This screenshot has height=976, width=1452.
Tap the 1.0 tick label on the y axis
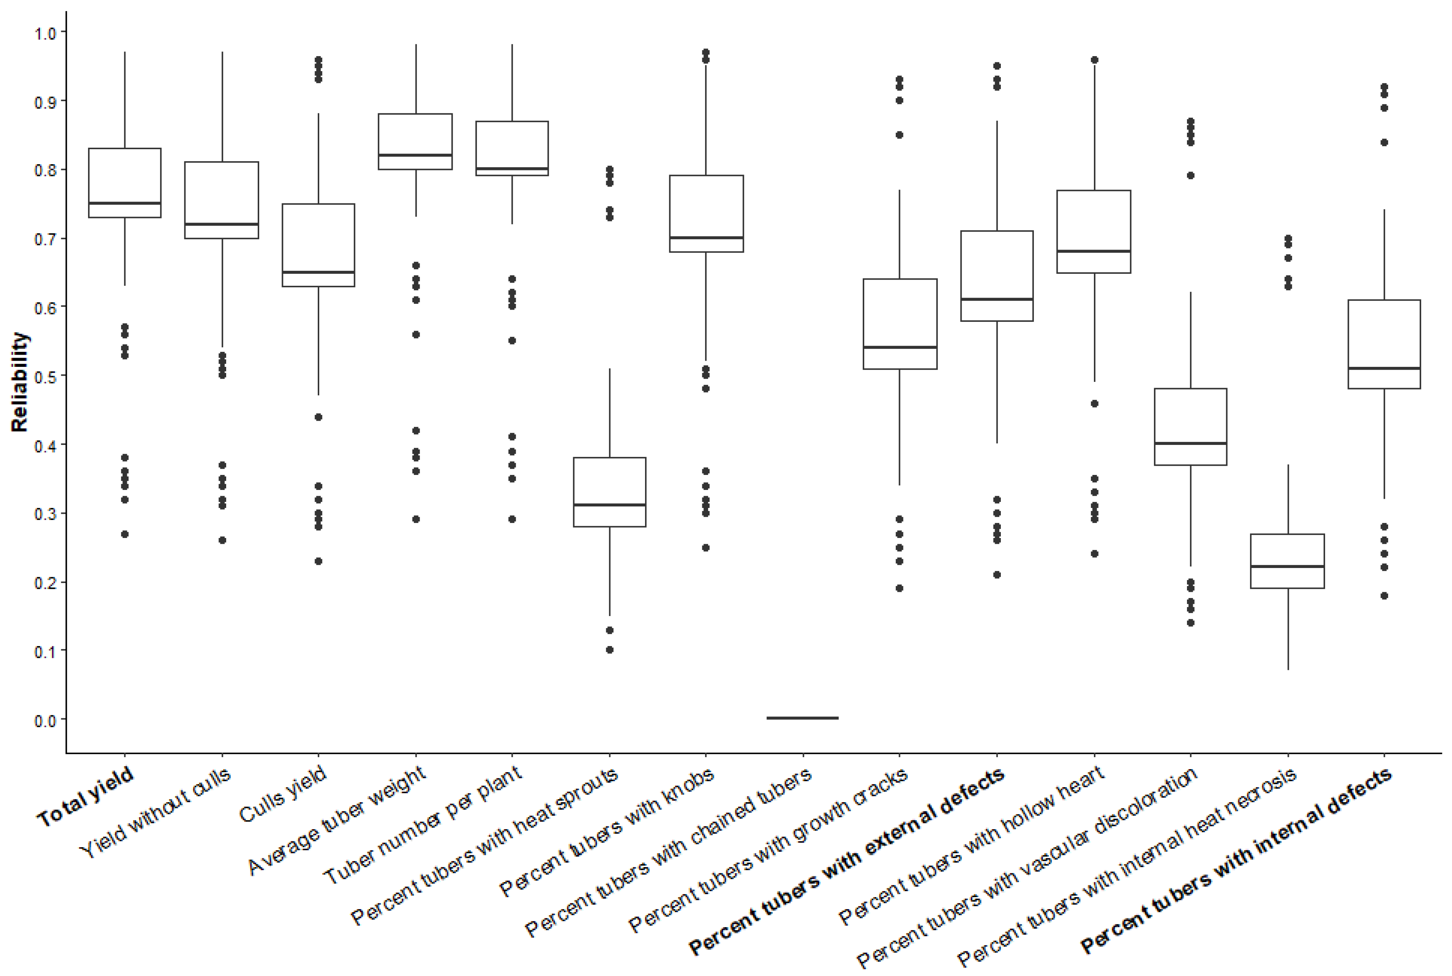tap(45, 32)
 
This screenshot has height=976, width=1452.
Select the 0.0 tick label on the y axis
tap(45, 721)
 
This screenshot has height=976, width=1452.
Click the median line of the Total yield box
tap(125, 203)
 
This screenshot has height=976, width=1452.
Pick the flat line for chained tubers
tap(803, 718)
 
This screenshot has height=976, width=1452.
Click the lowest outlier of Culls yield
tap(318, 561)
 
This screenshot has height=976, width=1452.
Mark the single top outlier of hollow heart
tap(1094, 60)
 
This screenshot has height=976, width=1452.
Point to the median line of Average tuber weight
tap(415, 155)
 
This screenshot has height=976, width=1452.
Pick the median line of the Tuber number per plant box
tap(512, 169)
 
